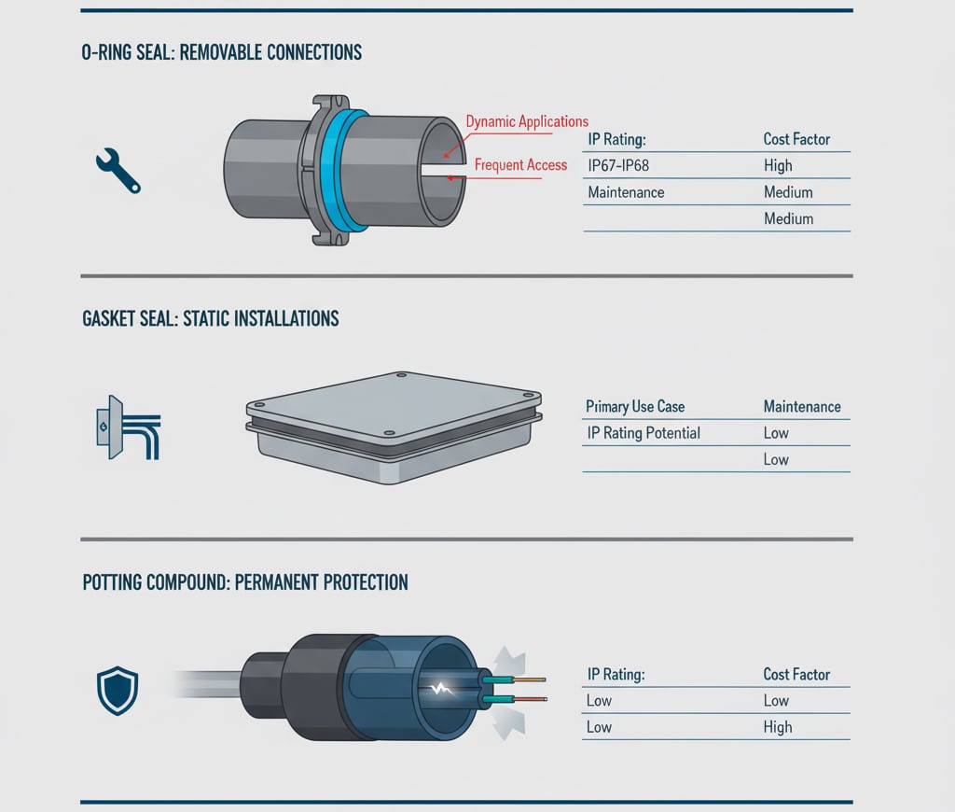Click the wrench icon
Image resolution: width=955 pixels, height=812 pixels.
point(118,171)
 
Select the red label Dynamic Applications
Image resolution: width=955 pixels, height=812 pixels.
point(527,121)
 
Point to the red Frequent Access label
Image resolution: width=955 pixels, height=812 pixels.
point(520,165)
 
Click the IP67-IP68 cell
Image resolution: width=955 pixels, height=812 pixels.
point(618,165)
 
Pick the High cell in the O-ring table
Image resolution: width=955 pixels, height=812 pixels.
point(778,165)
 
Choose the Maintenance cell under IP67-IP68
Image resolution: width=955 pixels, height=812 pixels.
point(626,192)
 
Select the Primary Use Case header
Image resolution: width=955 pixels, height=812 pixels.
point(635,407)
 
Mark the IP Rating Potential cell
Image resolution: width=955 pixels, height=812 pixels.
point(643,433)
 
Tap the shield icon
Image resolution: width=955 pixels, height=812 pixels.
point(118,691)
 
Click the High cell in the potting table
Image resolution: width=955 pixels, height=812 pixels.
point(778,727)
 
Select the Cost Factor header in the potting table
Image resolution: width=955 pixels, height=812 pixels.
point(796,674)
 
